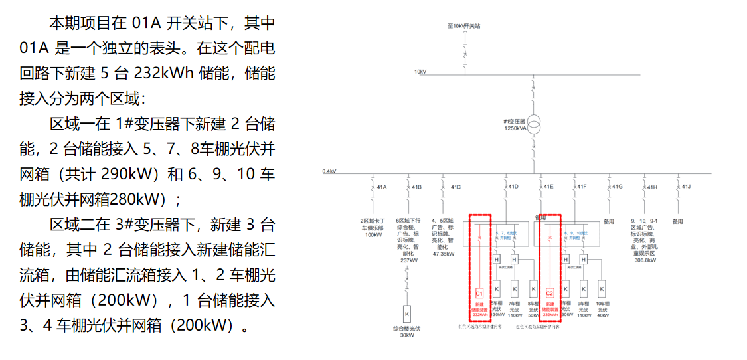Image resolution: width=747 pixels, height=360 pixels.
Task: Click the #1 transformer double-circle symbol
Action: (534, 124)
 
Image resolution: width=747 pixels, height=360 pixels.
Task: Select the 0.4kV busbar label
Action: (329, 171)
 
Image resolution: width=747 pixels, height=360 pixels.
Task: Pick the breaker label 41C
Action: (456, 187)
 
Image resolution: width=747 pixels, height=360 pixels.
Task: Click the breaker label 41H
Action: (652, 187)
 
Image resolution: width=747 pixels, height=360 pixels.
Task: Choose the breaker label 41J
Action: (687, 187)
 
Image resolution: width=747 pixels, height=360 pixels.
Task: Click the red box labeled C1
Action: (479, 292)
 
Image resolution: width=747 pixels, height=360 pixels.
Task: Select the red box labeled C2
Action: (549, 292)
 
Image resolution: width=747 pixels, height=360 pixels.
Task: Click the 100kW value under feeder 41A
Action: (373, 234)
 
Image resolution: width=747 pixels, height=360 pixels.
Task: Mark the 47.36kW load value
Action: (443, 254)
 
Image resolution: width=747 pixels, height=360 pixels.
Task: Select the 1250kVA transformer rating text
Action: (515, 128)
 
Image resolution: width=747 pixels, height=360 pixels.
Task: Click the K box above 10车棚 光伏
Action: (602, 288)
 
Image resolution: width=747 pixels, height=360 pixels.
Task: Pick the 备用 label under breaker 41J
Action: (677, 221)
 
